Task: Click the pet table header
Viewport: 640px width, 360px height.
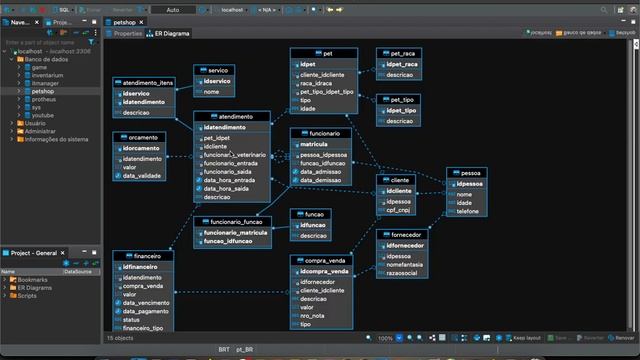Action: tap(328, 52)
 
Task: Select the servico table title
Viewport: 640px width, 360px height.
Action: tap(218, 71)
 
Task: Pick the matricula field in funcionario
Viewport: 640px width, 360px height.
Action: tap(314, 145)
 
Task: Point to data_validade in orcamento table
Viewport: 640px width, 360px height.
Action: tap(143, 176)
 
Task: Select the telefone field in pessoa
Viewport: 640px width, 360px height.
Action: tap(470, 212)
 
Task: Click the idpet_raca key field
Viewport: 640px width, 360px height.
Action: tap(402, 64)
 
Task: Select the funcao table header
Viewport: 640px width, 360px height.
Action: tap(314, 214)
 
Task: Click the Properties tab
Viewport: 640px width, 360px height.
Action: tap(127, 33)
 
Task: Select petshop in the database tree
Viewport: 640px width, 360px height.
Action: tap(43, 91)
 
